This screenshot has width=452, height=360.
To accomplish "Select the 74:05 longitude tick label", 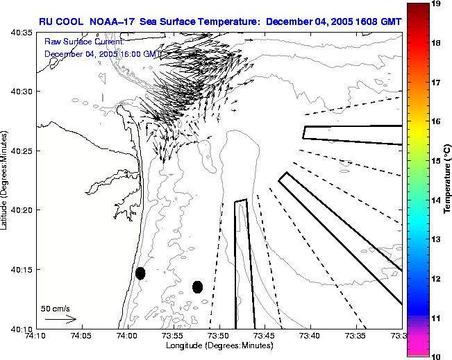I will (81, 336).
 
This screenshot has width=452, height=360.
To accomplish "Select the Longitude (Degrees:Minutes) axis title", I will (219, 345).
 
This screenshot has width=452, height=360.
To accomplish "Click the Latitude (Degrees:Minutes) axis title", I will (5, 180).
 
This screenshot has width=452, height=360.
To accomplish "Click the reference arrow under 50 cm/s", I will (60, 319).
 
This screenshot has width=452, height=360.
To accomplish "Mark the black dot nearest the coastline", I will (140, 273).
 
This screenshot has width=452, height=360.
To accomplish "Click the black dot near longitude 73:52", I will (197, 286).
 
